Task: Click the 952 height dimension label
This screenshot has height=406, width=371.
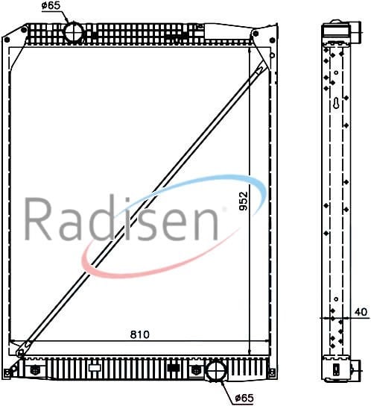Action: tap(244, 201)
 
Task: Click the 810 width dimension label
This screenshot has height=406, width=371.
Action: tap(140, 334)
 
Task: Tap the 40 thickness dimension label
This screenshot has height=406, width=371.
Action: tap(361, 312)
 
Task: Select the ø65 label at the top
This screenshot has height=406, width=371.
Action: tap(51, 6)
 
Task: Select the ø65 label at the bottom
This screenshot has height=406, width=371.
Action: tap(244, 398)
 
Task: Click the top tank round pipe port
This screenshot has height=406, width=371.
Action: tap(74, 32)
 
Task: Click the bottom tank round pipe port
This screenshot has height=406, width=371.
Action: tap(215, 371)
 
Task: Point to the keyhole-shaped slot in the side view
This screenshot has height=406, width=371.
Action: tap(336, 104)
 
